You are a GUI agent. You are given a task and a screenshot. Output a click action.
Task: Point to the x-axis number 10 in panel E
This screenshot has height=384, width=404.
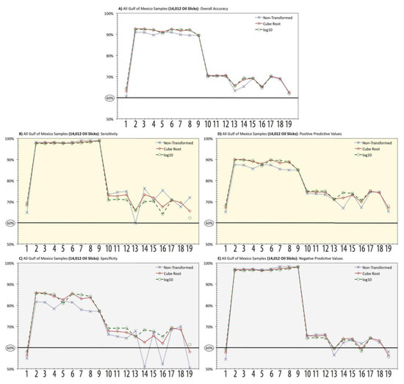click(306, 375)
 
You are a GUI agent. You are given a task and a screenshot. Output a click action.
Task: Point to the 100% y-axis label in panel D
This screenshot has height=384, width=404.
click(209, 138)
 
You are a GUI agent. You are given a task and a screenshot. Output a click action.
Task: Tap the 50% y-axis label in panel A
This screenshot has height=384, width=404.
click(108, 119)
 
